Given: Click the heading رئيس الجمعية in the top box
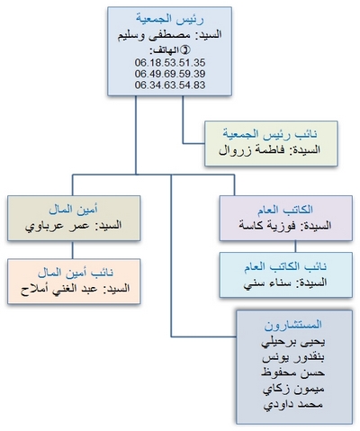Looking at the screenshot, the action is point(170,19).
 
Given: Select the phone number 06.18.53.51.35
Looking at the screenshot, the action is point(170,63).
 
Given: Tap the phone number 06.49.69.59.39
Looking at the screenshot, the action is point(170,74).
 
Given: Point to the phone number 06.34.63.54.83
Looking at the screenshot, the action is point(170,85).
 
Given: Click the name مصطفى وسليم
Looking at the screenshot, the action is point(154,35).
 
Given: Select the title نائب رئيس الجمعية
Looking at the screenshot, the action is point(270,134).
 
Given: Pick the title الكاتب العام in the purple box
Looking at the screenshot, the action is point(285,210).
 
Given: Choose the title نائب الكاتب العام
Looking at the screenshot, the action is point(285,266).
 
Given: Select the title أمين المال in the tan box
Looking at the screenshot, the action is point(74,210).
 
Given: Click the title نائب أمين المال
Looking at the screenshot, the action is point(76,273).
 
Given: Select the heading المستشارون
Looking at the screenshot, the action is point(293,325).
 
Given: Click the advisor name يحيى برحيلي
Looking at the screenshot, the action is point(293,342).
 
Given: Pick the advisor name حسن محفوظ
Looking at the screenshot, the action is point(292,373).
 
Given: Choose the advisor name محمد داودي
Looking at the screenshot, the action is point(293,405).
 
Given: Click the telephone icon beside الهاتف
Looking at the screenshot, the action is point(186,50).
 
